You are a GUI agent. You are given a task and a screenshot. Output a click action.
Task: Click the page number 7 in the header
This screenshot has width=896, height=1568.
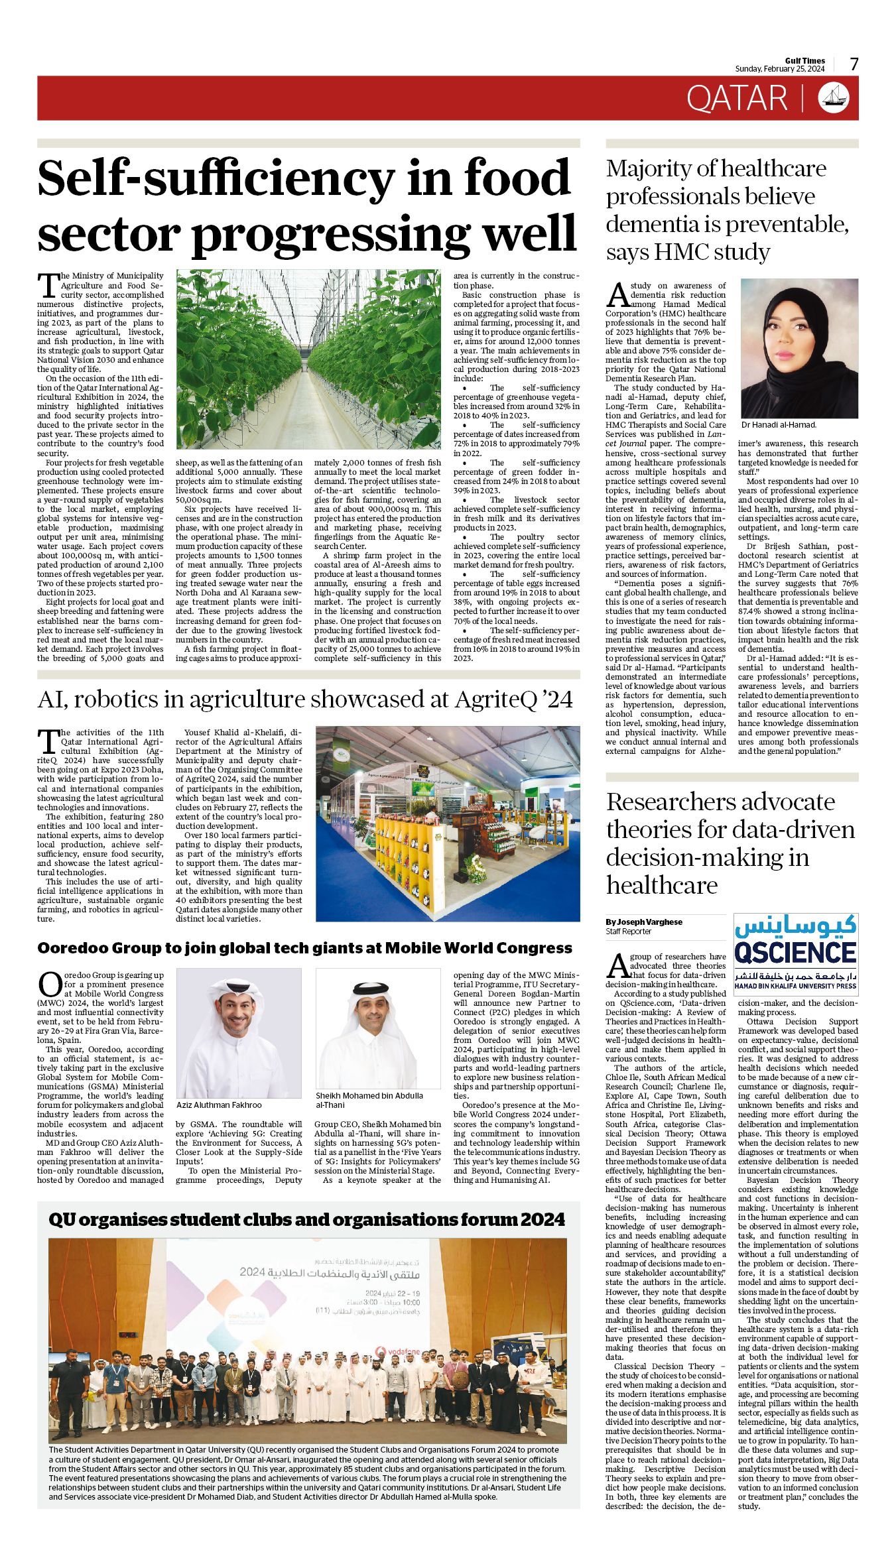[x=854, y=64]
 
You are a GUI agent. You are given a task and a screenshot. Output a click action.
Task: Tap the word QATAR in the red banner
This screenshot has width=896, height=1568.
[x=736, y=98]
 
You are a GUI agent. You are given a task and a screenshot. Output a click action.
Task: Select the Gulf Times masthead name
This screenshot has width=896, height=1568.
[x=805, y=61]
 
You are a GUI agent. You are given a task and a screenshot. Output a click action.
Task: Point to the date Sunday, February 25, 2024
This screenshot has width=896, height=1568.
[x=779, y=69]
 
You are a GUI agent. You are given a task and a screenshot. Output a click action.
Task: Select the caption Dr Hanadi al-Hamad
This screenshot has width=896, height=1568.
[x=779, y=425]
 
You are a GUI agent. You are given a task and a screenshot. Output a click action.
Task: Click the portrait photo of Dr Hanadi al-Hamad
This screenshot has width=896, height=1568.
[x=799, y=348]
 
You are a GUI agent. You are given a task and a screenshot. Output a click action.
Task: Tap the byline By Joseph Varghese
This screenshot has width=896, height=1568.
[x=643, y=922]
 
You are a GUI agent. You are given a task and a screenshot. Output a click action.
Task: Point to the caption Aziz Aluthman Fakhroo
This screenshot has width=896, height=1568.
[x=219, y=1105]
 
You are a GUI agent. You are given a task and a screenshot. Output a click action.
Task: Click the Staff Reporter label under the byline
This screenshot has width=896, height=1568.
[x=628, y=932]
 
